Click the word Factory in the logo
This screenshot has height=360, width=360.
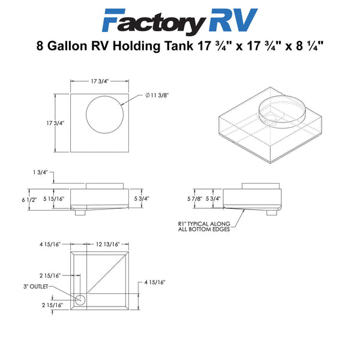pos(154,22)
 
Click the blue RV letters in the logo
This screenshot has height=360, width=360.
pos(233,20)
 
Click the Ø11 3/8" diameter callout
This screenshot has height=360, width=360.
pos(157,95)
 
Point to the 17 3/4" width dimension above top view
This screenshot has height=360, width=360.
pos(100,81)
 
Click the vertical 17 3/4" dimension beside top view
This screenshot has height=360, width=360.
pos(55,123)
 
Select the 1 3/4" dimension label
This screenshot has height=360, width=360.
pos(40,172)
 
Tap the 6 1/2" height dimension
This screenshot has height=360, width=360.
pos(29,200)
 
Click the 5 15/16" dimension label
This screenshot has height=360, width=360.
pos(54,199)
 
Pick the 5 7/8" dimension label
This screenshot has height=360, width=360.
pos(194,199)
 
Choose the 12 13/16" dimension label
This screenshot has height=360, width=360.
pos(108,244)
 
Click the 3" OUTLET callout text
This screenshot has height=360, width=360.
pos(36,287)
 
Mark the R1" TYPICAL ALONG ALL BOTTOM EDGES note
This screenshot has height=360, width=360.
pos(204,226)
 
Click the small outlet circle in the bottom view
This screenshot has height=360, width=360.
pos(80,300)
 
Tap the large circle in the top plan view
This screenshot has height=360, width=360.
pos(104,96)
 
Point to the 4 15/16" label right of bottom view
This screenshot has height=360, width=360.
pos(155,282)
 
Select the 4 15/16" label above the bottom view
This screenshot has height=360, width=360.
pos(50,244)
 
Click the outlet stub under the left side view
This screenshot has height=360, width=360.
pos(80,212)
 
